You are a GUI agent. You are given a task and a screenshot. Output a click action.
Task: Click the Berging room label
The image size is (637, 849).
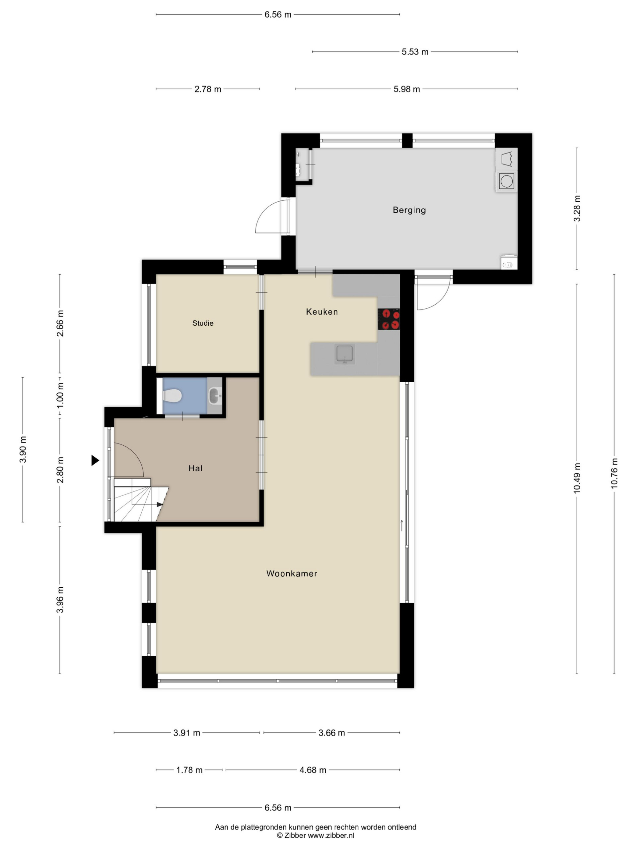409,210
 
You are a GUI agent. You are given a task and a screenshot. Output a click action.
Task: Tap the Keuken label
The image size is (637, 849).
322,312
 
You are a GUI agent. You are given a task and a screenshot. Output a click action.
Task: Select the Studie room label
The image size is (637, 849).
203,323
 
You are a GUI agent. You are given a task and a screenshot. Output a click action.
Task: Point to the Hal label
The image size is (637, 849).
195,468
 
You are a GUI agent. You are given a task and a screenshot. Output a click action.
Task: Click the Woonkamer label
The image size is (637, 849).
292,573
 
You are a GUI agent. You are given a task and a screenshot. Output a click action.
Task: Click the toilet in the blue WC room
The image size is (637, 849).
173,396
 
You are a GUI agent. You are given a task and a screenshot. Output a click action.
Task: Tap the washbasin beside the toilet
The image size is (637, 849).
215,396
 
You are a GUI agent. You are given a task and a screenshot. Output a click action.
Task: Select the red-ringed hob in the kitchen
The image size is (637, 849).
389,319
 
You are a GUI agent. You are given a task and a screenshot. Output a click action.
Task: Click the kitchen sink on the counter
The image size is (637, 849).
344,354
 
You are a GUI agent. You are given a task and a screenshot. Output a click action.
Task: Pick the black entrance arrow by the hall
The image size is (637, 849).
95,460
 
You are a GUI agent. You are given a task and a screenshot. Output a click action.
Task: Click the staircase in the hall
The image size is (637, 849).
140,500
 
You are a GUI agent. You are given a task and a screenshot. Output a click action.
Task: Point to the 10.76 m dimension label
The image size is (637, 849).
614,473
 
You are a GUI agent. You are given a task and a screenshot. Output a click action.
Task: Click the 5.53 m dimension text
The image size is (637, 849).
415,52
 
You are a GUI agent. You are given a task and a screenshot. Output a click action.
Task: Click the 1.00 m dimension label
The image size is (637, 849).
60,396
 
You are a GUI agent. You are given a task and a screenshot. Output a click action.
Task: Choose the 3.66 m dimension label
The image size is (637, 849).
332,733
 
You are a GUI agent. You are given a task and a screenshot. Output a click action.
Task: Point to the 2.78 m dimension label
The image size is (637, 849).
208,89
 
